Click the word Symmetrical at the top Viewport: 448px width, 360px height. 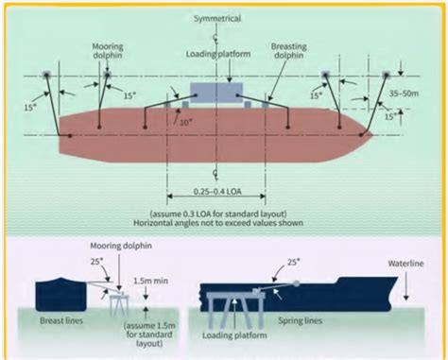217,18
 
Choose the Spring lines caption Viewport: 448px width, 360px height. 298,323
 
